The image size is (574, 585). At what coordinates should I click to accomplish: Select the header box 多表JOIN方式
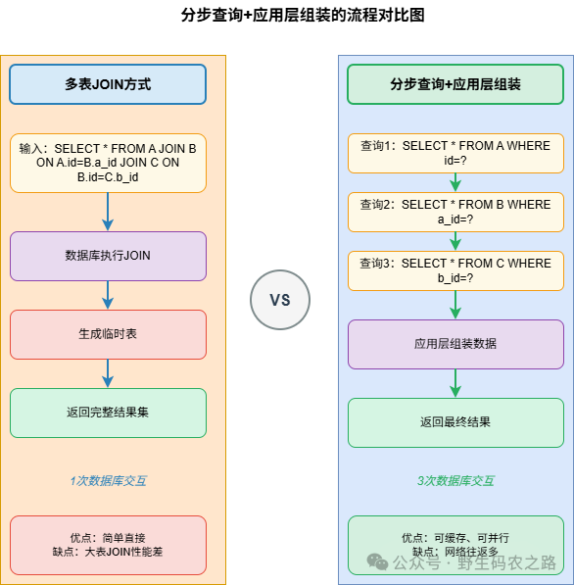click(x=108, y=84)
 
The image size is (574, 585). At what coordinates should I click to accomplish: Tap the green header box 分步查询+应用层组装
click(x=455, y=84)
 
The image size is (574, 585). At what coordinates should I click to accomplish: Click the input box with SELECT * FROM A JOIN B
click(x=108, y=163)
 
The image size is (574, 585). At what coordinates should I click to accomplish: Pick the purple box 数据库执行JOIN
click(x=108, y=256)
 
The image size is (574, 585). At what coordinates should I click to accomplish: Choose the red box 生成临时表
click(x=108, y=334)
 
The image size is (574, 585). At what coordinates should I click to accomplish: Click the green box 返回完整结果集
click(x=108, y=413)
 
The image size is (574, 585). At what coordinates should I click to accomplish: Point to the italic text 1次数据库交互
click(x=108, y=481)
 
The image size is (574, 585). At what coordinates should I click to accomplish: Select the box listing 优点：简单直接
click(x=108, y=545)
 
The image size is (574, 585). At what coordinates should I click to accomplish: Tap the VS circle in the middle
click(x=280, y=300)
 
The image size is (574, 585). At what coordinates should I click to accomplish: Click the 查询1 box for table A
click(x=455, y=153)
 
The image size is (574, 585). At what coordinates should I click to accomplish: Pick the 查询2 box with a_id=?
click(x=455, y=212)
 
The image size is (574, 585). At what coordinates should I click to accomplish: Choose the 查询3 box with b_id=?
click(x=455, y=270)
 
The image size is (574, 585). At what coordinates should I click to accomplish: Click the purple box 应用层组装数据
click(x=455, y=344)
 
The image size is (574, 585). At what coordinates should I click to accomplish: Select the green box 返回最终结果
click(x=455, y=422)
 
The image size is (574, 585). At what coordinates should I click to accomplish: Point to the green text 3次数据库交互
click(x=455, y=481)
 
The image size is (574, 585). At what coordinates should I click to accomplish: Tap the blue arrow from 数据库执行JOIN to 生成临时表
click(x=108, y=295)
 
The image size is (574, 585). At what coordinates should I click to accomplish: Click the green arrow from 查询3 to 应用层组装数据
click(x=455, y=305)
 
